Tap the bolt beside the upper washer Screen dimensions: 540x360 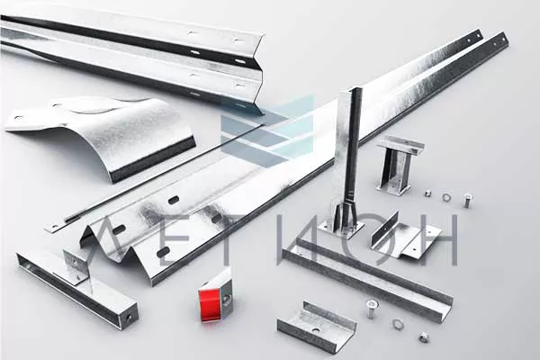click(467, 200)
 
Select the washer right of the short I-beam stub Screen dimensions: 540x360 click(446, 197)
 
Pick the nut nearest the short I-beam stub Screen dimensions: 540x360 click(427, 193)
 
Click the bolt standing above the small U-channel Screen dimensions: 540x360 click(371, 308)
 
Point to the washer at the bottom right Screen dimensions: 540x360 click(398, 323)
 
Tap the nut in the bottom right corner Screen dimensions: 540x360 click(424, 337)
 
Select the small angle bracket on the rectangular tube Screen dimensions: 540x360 click(77, 265)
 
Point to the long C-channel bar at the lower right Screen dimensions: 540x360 click(367, 277)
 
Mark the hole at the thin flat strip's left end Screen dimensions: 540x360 click(53, 227)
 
